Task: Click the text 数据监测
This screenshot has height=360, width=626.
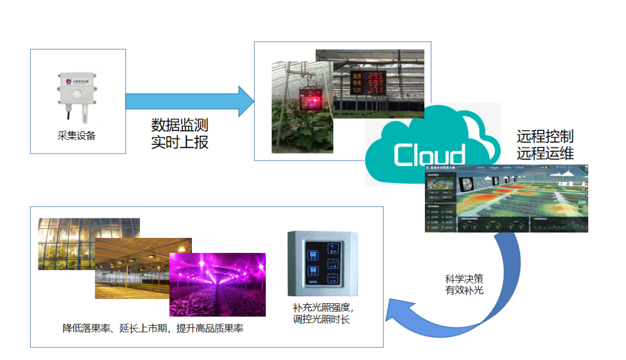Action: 179,125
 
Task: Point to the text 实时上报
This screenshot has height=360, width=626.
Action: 179,142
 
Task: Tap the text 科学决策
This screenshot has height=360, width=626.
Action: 464,279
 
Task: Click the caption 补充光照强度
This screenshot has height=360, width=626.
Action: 323,308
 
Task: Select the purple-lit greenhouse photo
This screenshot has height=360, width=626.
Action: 217,284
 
